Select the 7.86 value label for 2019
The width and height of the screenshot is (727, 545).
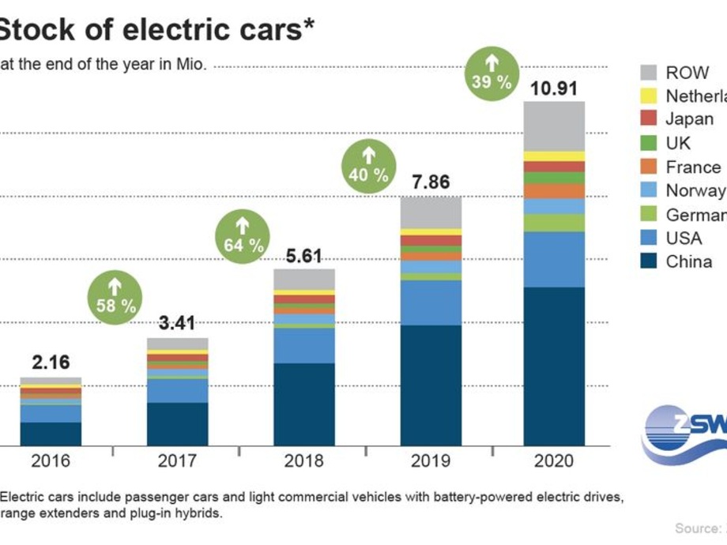[431, 183]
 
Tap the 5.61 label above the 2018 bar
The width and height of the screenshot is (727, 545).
[304, 256]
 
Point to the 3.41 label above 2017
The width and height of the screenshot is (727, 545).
[177, 323]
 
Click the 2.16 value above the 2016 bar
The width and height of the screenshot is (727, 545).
[51, 363]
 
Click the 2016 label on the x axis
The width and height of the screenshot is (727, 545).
[51, 460]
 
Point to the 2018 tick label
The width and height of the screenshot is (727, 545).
[304, 460]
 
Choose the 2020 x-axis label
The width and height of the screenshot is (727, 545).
[554, 460]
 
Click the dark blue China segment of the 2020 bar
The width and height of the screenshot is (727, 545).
[554, 366]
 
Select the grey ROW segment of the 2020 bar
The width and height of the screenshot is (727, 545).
[554, 126]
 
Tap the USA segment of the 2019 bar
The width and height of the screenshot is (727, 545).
[431, 303]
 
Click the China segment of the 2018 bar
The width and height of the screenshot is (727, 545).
[304, 404]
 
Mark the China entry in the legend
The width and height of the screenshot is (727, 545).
[688, 261]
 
